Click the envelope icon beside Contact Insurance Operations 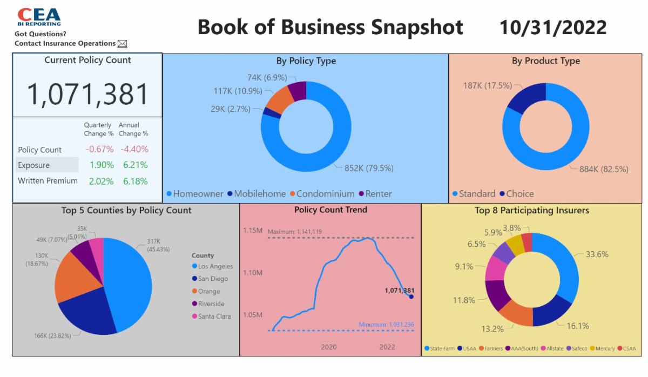point(122,44)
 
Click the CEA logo point(39,16)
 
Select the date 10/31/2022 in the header point(552,27)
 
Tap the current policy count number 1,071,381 point(87,94)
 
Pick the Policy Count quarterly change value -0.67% point(99,150)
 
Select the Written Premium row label point(48,181)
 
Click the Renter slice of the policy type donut point(298,91)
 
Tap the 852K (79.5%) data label point(369,168)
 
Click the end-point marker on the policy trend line point(411,297)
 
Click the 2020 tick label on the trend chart point(328,347)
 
